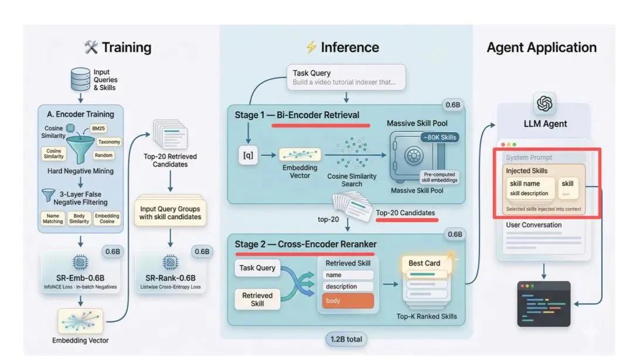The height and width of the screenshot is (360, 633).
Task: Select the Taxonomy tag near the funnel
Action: click(x=109, y=142)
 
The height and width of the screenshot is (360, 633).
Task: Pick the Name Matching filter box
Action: click(x=53, y=219)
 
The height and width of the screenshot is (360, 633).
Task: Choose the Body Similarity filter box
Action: click(x=79, y=219)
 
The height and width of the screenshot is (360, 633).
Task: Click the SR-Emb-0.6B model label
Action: click(x=80, y=277)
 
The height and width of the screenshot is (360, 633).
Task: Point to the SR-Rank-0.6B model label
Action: click(x=170, y=278)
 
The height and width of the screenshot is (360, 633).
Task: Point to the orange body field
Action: click(x=348, y=301)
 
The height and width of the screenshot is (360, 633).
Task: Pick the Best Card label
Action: click(x=424, y=263)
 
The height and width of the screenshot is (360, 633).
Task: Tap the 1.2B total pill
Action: click(x=346, y=338)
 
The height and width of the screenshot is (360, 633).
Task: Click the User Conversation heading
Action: click(x=533, y=225)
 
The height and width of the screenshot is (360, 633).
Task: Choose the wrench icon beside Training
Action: click(x=91, y=47)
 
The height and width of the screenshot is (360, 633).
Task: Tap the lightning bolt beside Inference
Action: click(x=311, y=47)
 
